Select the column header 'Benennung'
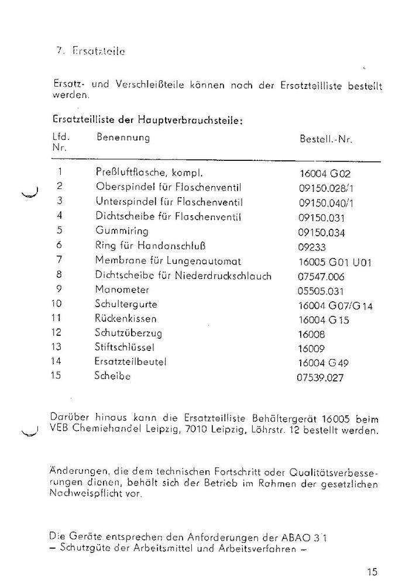(123, 138)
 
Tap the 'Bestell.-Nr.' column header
(325, 140)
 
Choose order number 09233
(312, 247)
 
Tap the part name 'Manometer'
(122, 290)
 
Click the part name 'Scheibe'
(112, 377)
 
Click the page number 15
(373, 572)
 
